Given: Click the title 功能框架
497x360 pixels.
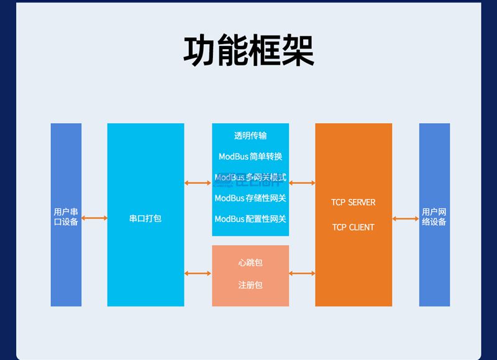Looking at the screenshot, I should [x=248, y=51].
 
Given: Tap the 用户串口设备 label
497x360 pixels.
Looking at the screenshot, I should [x=66, y=216].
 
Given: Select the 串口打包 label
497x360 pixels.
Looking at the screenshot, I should [x=145, y=218].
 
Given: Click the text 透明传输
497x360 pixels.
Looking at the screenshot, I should [x=250, y=135].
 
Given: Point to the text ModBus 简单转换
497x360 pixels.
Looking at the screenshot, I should [x=250, y=156].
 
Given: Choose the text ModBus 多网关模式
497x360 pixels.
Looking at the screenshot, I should [x=250, y=178].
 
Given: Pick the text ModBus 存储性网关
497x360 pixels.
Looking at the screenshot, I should [x=250, y=198].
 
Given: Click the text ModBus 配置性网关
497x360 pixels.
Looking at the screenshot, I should [x=250, y=219].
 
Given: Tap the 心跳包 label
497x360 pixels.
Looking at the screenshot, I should [x=250, y=262].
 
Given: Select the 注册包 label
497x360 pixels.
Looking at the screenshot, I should [x=250, y=285].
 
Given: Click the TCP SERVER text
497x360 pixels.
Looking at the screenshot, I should [x=353, y=202].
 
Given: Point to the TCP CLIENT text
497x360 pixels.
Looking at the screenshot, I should [x=353, y=227].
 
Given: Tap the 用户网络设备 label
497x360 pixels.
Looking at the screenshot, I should [x=434, y=216].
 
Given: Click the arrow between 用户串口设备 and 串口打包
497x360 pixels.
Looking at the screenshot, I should [x=94, y=218].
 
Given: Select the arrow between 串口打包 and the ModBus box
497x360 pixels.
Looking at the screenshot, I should [x=198, y=183].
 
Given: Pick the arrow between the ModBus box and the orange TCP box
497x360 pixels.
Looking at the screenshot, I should [x=302, y=183].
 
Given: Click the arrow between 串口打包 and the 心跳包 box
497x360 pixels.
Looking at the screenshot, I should [x=198, y=273].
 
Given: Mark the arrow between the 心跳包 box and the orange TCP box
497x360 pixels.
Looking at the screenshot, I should [x=302, y=273].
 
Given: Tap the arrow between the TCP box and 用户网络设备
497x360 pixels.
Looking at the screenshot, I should [x=406, y=218].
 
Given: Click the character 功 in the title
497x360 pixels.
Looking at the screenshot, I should [x=200, y=51].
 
